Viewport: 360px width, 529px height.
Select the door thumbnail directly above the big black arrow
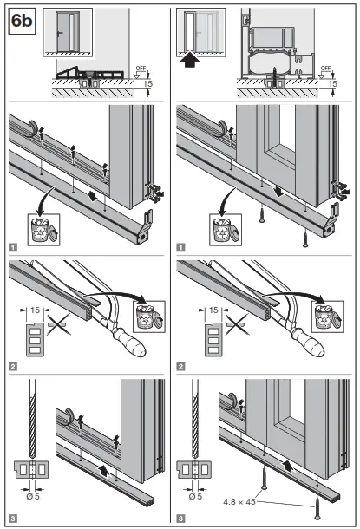(194, 29)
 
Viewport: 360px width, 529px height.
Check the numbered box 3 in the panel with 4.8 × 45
(181, 519)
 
